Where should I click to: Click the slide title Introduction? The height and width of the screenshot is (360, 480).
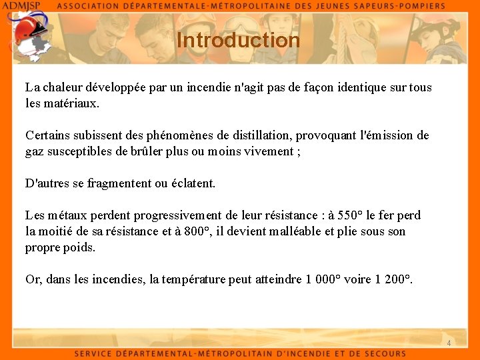pos(239,41)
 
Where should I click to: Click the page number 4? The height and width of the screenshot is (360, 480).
pos(449,343)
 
